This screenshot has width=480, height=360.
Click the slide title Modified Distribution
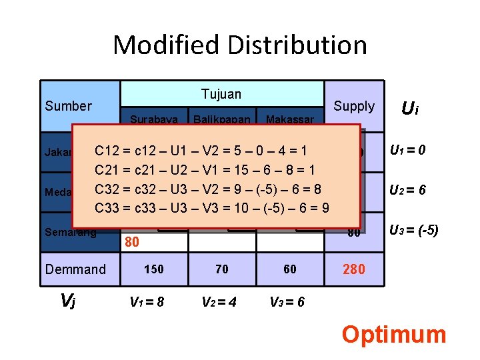[240, 45]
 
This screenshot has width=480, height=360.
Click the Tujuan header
[221, 94]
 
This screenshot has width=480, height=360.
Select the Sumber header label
[68, 106]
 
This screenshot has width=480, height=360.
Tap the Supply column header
[354, 106]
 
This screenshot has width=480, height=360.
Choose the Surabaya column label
[154, 120]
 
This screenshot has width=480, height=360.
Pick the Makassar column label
[291, 120]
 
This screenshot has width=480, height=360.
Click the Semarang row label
[71, 233]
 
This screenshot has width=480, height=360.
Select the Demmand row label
[75, 269]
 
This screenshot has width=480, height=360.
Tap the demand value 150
[154, 269]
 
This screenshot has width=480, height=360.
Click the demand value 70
[222, 269]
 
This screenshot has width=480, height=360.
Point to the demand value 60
[290, 269]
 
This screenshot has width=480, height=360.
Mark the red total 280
[354, 269]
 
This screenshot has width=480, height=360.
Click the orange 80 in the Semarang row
[133, 242]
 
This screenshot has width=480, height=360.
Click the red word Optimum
[393, 334]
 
